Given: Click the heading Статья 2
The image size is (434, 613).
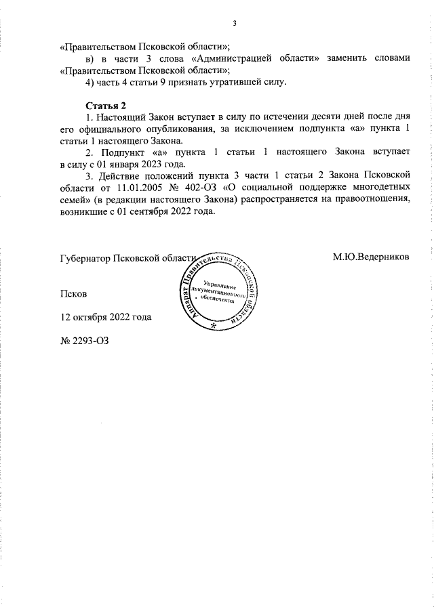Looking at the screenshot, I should coord(105,105).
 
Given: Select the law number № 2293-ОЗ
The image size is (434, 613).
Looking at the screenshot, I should coord(84,340).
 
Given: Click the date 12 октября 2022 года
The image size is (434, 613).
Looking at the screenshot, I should coord(106,317).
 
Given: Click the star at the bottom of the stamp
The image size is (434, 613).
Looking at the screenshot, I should coord(214,326).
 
